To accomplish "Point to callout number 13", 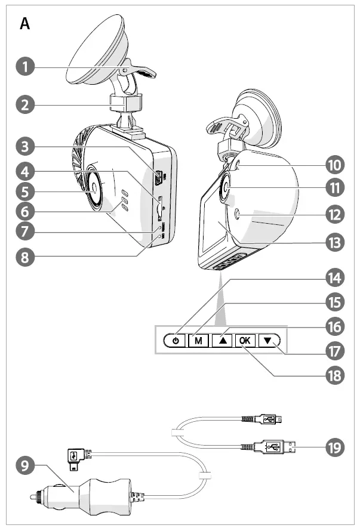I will click(336, 242).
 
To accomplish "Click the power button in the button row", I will click(175, 341).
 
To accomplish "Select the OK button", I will click(244, 341).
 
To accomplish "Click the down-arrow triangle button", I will click(267, 341).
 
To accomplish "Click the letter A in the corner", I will click(24, 24).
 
